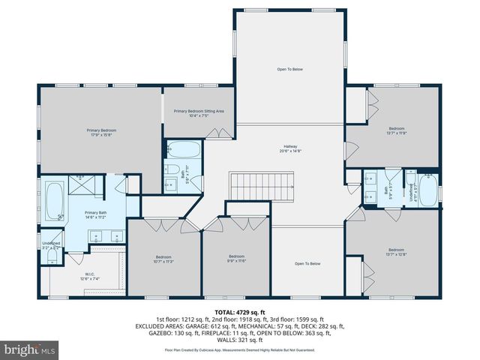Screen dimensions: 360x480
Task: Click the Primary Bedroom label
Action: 101,133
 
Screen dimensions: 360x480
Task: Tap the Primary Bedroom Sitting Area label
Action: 199,113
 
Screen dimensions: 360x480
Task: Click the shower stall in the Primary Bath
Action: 79,184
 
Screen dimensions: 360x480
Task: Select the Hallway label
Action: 292,148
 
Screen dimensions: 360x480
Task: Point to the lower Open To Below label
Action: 307,263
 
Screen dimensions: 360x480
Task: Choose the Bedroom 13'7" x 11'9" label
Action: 395,130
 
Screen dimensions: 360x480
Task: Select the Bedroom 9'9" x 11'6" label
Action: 237,258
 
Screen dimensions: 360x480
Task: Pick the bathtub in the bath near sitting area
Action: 183,148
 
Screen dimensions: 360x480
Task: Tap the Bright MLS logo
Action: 31,349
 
